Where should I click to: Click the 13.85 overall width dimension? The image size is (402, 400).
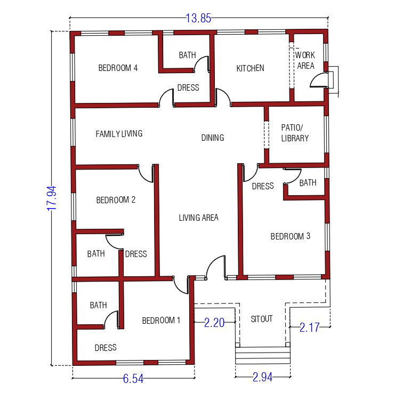coord(198,18)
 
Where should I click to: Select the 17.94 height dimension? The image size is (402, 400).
coord(52,198)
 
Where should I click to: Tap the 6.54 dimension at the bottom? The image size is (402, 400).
coord(133,379)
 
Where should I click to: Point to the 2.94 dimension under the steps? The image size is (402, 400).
coord(262,377)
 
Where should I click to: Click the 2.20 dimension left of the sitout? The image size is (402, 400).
coord(214,323)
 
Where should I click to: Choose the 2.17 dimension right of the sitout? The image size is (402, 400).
coord(309,327)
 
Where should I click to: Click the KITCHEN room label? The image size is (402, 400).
coord(250,68)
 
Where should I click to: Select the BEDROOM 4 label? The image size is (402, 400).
coord(118,68)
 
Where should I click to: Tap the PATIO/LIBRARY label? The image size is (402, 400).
coord(295,133)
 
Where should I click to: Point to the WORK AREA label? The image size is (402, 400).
coord(305,60)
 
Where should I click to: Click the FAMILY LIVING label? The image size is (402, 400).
coord(119,133)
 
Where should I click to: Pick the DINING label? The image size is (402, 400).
coord(213,138)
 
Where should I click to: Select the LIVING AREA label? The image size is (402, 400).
coord(198,218)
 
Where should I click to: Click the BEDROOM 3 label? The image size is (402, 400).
coord(290,236)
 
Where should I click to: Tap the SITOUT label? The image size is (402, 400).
coord(261,319)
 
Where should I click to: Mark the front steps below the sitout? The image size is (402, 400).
coord(262,355)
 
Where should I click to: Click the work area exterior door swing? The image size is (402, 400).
coord(319,80)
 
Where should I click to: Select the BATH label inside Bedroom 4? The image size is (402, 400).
coord(187,55)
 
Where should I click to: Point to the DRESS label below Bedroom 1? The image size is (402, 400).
coord(106,348)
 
